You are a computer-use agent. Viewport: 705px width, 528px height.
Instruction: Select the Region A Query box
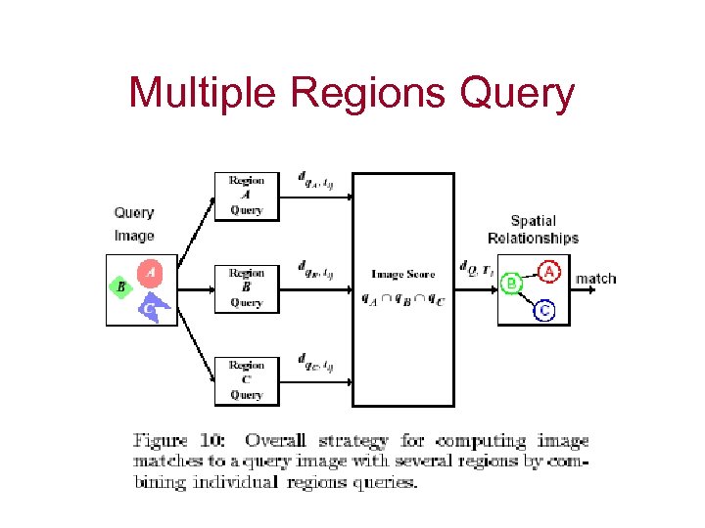[x=246, y=196]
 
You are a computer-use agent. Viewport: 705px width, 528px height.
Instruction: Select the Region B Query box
[x=246, y=288]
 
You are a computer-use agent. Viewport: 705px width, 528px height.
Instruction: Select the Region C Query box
[x=246, y=380]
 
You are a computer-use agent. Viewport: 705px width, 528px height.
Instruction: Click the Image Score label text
[x=402, y=275]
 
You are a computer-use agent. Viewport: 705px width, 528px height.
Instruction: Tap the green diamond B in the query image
[x=121, y=287]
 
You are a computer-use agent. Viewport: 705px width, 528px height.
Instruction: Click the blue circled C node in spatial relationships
[x=545, y=312]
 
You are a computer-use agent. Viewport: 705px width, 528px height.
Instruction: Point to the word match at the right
[x=595, y=279]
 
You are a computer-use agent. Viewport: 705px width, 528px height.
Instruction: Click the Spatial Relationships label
[x=533, y=230]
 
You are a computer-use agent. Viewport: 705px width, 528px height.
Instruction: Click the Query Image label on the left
[x=134, y=224]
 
